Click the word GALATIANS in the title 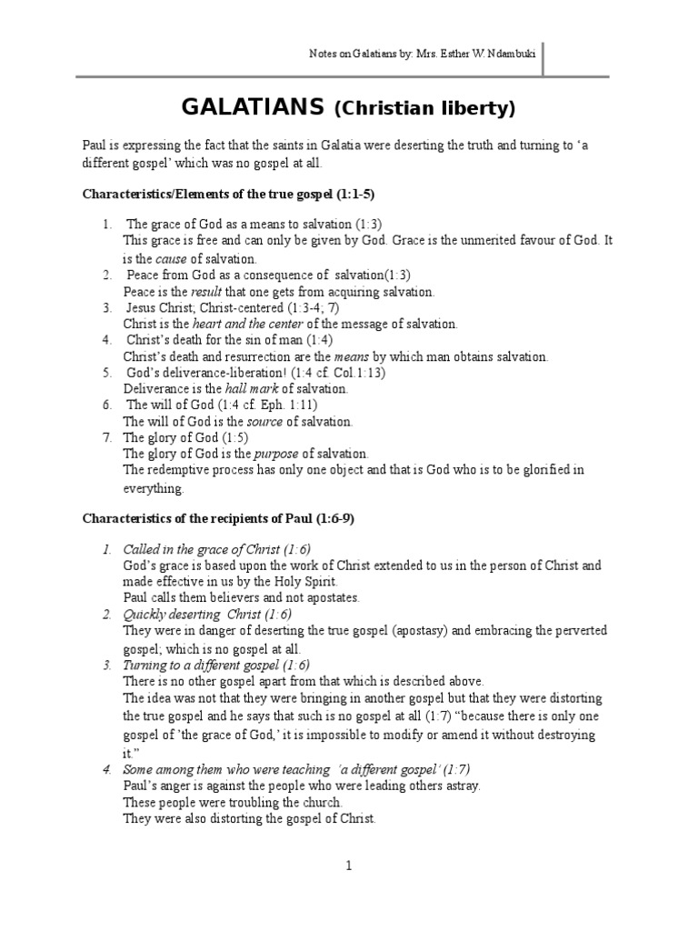point(254,108)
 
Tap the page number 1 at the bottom point(348,866)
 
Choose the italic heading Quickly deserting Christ point(192,615)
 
